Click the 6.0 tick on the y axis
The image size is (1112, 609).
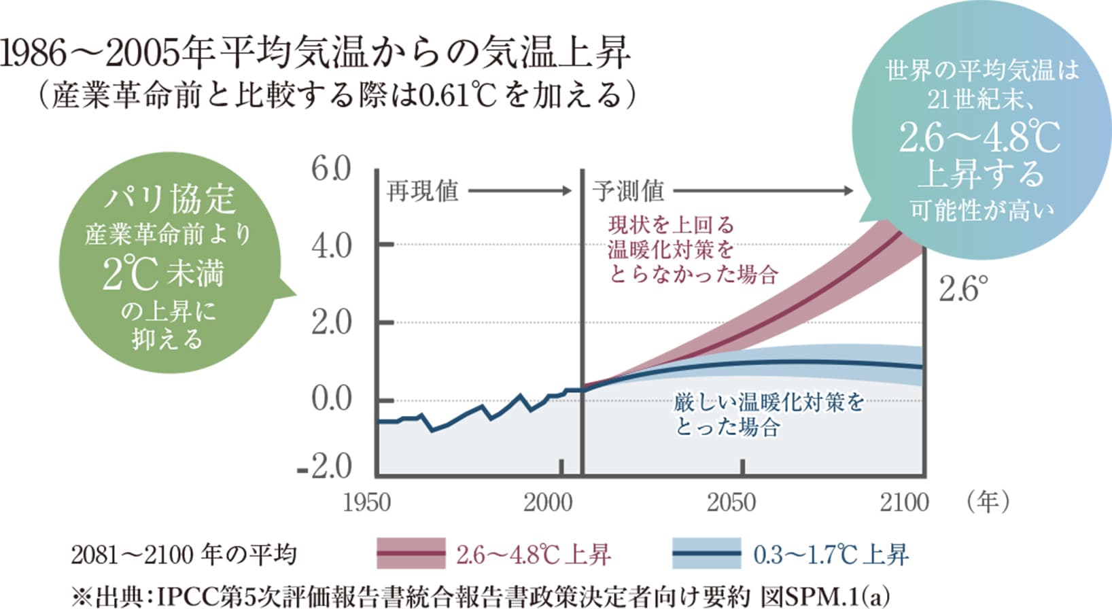[x=331, y=169]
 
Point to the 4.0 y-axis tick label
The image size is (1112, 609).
[x=331, y=245]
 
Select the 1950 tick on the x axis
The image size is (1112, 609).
[x=367, y=503]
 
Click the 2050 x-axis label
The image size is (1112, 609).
[x=731, y=503]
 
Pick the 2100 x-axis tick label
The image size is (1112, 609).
[x=904, y=503]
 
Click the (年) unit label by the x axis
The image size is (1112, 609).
[x=987, y=502]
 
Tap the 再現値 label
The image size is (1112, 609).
[x=423, y=191]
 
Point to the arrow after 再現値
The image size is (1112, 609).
[x=521, y=191]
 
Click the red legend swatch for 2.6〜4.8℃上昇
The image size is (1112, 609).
[x=411, y=554]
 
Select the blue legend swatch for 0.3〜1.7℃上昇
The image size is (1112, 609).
[x=707, y=554]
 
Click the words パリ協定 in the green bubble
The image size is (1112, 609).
[x=169, y=199]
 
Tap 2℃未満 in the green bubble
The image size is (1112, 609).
[x=164, y=274]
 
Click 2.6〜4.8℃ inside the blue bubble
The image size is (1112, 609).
[x=979, y=138]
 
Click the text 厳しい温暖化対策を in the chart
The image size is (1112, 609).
[x=769, y=402]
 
